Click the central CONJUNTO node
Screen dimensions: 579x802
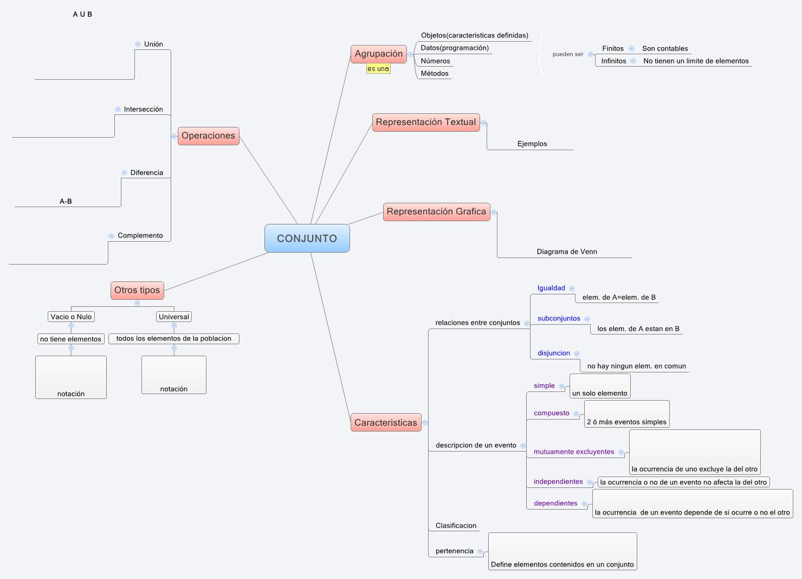point(307,239)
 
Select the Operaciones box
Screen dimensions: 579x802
point(208,136)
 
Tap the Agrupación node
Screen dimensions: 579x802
point(378,54)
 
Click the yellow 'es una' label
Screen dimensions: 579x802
point(378,69)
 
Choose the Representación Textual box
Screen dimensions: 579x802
point(426,122)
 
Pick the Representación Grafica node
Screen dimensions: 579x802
point(436,211)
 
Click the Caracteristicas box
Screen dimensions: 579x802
point(386,422)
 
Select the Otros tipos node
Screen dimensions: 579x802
point(137,290)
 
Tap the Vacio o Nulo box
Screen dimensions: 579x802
point(71,317)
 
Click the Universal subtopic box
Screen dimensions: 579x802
point(174,317)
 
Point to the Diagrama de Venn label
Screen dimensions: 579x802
point(567,252)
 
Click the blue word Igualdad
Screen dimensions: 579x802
point(551,288)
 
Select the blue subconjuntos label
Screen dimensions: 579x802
point(559,318)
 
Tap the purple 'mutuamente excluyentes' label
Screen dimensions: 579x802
point(574,452)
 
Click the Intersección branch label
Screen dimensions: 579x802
point(143,109)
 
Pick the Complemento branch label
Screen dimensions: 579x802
point(140,235)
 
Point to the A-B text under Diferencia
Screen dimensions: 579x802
point(66,201)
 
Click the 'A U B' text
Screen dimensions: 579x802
point(82,14)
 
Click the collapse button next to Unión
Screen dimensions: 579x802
point(138,44)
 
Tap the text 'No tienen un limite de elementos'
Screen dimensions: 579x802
point(696,61)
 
